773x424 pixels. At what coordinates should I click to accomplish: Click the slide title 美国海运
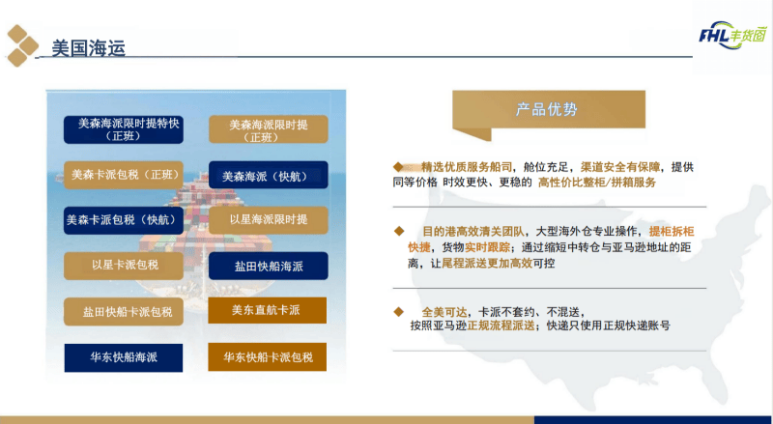point(88,46)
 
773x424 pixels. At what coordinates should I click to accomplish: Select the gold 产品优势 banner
point(547,110)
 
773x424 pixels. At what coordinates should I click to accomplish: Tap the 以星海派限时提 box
point(268,220)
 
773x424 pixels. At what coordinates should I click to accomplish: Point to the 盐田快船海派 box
point(268,266)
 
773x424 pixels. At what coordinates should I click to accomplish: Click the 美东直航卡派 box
point(267,310)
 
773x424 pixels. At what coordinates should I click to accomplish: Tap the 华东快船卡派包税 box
point(267,357)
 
